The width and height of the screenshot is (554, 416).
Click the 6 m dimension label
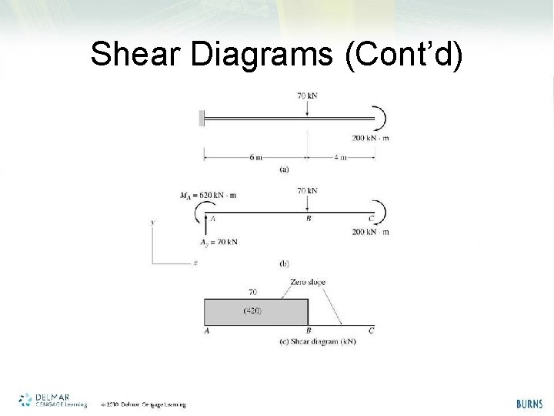pos(256,157)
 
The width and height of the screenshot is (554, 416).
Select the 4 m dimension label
pos(339,157)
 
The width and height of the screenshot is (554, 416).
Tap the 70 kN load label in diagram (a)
pos(307,96)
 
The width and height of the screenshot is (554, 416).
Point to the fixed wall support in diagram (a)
pos(202,119)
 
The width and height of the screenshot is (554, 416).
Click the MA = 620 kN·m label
pos(208,195)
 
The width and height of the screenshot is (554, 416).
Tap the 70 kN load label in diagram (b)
pos(307,190)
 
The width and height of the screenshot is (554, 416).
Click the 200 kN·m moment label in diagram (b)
pos(370,232)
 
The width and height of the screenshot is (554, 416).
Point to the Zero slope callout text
pos(308,282)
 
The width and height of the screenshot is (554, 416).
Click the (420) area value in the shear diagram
pos(252,310)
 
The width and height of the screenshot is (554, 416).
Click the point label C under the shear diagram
pos(372,330)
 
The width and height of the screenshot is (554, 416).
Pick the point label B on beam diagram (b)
pos(309,219)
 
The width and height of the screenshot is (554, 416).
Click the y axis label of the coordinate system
pos(153,223)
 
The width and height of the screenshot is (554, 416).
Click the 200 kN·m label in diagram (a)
pos(370,138)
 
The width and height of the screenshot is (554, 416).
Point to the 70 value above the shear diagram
pos(253,292)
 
